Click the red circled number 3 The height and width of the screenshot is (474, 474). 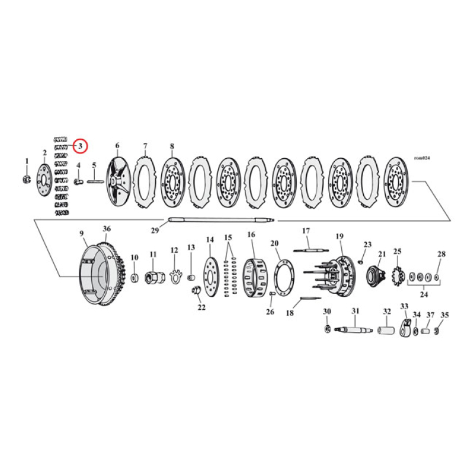point(81,145)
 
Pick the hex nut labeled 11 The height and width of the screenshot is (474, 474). point(153,277)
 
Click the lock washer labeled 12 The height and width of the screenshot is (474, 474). point(174,276)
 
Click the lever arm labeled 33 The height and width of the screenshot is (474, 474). point(406,328)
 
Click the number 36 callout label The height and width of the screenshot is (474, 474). point(107,229)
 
